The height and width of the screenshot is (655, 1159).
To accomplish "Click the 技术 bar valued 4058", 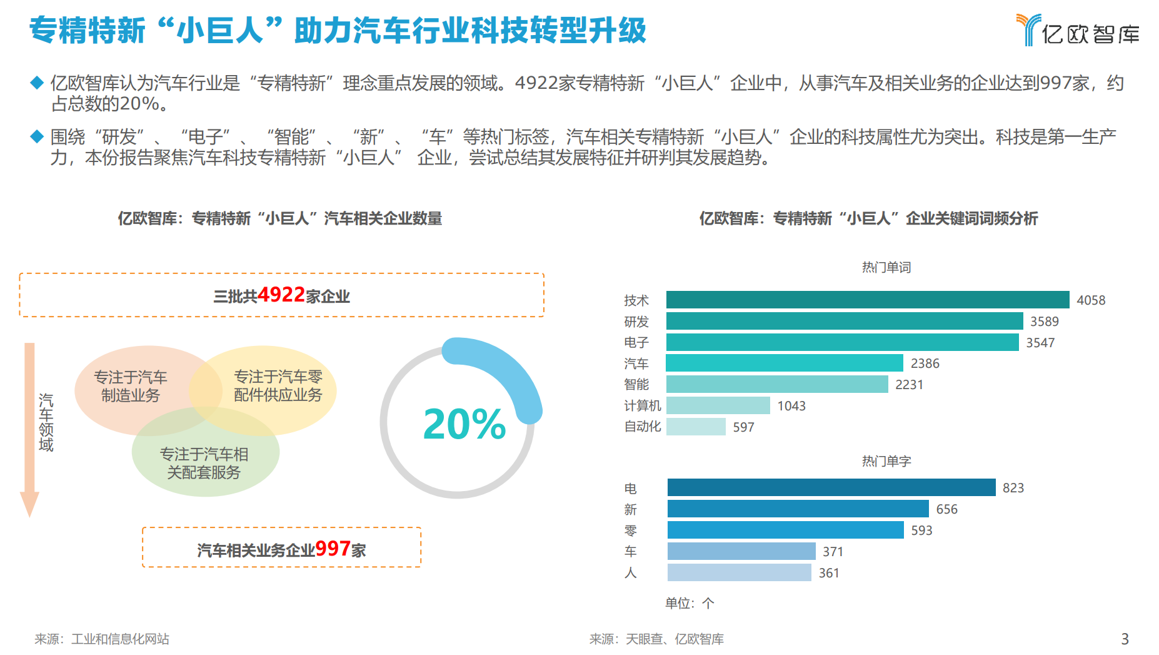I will click(867, 300).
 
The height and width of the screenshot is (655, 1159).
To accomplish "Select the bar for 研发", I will click(844, 321).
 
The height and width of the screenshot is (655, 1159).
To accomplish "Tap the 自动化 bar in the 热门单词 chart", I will click(695, 427).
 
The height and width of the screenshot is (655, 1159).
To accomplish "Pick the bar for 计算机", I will click(718, 405).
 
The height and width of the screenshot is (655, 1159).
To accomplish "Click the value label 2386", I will click(925, 363).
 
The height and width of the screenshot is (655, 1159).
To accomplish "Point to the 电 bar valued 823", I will click(831, 487).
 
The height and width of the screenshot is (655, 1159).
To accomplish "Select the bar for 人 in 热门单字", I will click(739, 572).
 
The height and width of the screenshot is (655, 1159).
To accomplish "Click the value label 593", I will click(921, 531).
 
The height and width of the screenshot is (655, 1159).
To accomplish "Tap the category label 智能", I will click(636, 384).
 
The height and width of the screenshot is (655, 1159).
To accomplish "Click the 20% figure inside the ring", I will click(464, 424).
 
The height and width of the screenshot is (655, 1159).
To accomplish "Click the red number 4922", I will click(281, 295).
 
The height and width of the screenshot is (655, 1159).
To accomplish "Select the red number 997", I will click(332, 549).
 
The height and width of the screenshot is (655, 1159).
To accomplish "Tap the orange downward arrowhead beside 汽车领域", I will click(29, 504).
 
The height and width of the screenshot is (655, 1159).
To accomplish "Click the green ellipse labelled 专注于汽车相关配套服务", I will click(204, 464).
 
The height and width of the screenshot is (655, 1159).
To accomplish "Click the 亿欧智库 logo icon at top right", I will click(1028, 29).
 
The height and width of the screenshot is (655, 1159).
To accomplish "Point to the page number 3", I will click(1125, 639).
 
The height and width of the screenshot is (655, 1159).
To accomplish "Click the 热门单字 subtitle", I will click(886, 461).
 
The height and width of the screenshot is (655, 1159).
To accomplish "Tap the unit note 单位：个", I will click(689, 603).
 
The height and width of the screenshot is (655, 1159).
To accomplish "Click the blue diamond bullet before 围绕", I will click(37, 136).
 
